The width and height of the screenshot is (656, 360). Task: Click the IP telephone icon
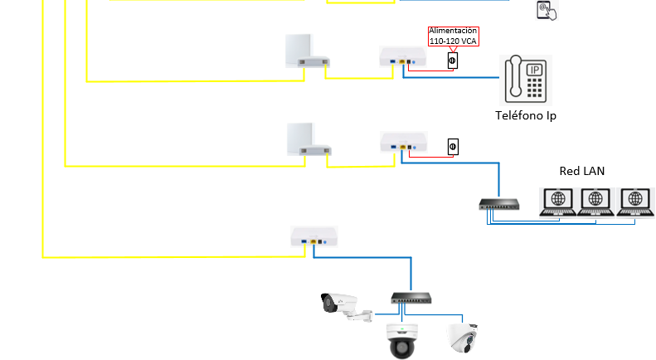tap(526, 80)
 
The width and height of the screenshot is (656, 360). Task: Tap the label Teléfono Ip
tap(526, 115)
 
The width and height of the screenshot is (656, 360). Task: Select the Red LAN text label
tap(582, 171)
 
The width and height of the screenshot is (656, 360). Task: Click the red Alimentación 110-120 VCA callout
tap(453, 36)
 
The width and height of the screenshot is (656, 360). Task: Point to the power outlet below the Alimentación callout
tap(453, 61)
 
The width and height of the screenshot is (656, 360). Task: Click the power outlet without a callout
tap(453, 147)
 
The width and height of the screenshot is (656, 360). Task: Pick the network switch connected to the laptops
tap(499, 204)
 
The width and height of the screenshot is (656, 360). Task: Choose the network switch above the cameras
tap(411, 298)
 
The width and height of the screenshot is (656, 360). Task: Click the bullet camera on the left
tap(346, 307)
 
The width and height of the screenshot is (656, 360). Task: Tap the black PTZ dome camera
tap(401, 341)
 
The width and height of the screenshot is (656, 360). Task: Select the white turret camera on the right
tap(462, 338)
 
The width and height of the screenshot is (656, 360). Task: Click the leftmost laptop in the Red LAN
tap(557, 202)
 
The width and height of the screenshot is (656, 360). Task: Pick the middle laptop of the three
tap(595, 202)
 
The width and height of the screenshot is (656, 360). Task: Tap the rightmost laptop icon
tap(635, 202)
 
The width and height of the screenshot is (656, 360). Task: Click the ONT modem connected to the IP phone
tap(403, 57)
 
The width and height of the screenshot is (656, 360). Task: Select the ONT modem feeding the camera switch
tap(314, 237)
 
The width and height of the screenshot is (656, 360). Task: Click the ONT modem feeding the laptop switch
tap(404, 143)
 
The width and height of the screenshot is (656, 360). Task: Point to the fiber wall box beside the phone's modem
tap(307, 51)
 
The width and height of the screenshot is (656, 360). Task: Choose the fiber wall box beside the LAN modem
tap(309, 139)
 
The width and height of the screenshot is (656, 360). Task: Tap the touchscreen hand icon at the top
tap(547, 10)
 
